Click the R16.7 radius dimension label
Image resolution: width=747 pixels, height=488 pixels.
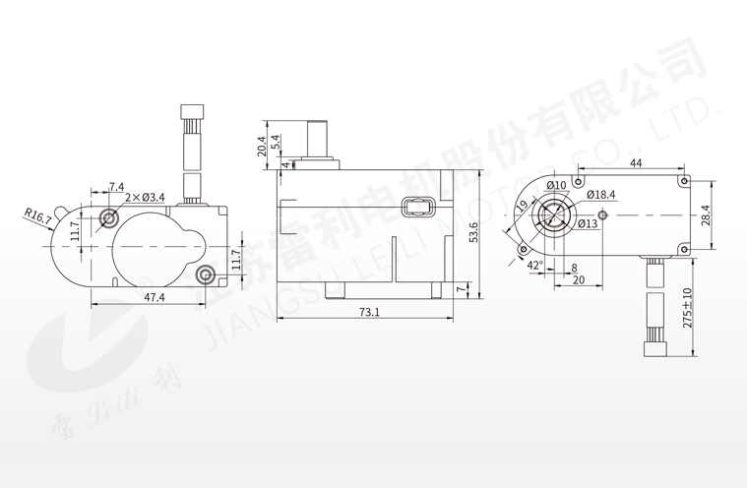[x=38, y=216]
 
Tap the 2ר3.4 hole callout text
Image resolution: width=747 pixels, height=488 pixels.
[x=145, y=197]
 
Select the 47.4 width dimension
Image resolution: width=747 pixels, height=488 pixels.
[x=155, y=297]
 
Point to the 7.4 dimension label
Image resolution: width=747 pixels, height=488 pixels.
[x=116, y=187]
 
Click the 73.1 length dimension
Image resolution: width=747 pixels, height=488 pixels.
[x=369, y=312]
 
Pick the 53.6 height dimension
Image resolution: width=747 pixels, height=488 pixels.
[x=473, y=232]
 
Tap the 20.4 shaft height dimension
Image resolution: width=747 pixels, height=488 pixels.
[x=262, y=147]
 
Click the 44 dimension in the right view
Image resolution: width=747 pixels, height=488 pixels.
[x=636, y=162]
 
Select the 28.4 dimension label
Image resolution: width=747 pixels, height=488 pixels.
[x=706, y=215]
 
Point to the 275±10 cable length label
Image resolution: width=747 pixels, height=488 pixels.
[x=687, y=308]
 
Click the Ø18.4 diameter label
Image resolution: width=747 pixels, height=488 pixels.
[x=600, y=194]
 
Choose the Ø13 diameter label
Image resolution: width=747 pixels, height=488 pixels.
[x=588, y=223]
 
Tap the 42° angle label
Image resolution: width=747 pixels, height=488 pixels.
[x=535, y=265]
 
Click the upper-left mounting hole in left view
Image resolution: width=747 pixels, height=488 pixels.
[x=109, y=218]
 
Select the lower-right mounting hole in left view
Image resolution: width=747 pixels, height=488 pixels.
[x=207, y=274]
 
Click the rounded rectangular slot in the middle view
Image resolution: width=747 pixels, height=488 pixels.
[x=418, y=207]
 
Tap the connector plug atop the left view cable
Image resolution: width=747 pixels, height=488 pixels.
[x=192, y=112]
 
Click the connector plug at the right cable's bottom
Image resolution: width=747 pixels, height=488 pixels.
[x=654, y=348]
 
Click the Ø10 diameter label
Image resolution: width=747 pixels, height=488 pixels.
[x=556, y=185]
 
